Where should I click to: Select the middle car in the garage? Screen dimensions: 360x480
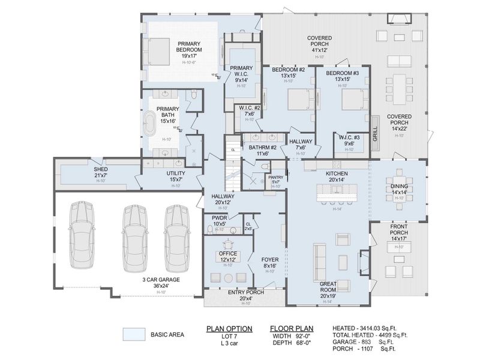pyautogui.click(x=134, y=237)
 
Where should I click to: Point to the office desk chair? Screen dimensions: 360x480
pyautogui.click(x=227, y=244)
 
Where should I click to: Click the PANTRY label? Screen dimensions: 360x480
pyautogui.click(x=275, y=178)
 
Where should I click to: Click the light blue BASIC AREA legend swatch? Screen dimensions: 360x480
pyautogui.click(x=134, y=334)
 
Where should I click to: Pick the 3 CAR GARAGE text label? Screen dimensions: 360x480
pyautogui.click(x=161, y=279)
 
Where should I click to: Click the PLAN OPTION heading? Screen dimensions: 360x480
pyautogui.click(x=229, y=328)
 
